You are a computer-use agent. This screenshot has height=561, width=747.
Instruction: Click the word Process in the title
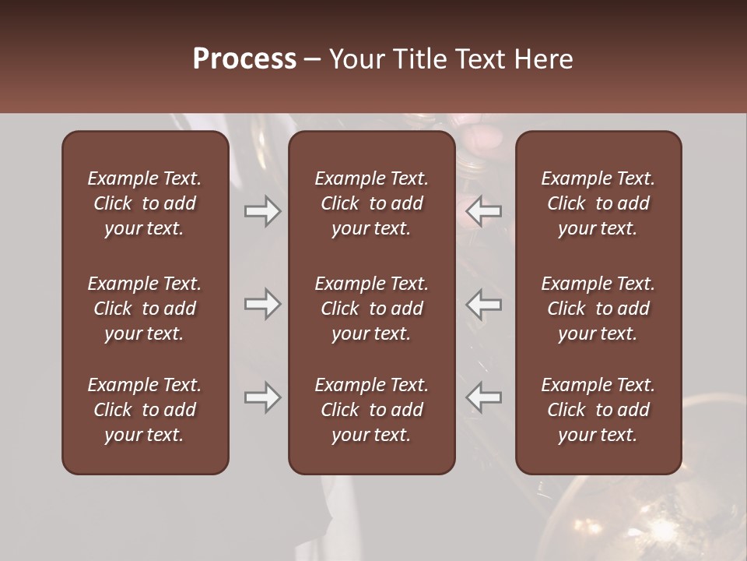[244, 59]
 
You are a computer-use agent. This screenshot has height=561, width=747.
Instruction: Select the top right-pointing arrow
[263, 210]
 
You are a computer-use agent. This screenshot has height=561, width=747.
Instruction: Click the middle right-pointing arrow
[263, 304]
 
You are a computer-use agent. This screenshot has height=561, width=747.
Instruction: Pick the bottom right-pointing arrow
[263, 397]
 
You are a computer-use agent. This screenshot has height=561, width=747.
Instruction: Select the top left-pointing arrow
[484, 210]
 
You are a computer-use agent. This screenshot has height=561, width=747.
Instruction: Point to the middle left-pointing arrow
[484, 304]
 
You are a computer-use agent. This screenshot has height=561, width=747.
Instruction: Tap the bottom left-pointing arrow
[484, 397]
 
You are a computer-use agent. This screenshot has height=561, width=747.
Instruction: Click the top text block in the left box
[145, 203]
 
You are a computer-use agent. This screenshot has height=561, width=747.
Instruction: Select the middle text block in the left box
[145, 309]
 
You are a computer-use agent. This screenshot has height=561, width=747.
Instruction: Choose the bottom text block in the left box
[145, 410]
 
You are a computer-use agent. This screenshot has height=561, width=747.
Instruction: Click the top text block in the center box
[371, 203]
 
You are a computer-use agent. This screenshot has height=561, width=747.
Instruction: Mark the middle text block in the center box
[371, 309]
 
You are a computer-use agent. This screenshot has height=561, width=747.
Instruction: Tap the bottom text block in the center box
[371, 410]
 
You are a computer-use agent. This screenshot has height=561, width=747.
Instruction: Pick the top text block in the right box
[598, 203]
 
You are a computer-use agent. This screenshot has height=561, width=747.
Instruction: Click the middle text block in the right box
[598, 309]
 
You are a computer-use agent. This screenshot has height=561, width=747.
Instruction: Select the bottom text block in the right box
[598, 410]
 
